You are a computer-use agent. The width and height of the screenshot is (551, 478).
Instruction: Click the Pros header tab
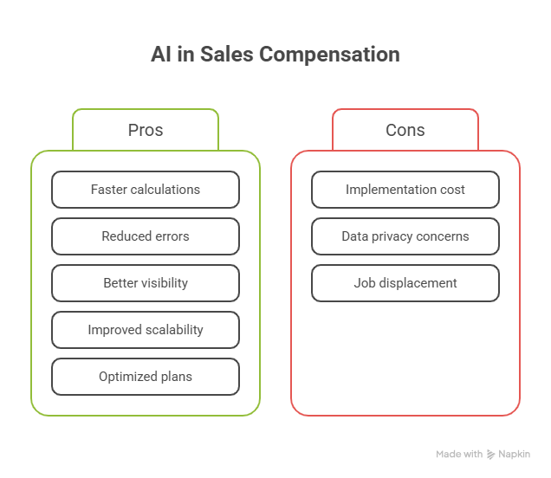point(146,130)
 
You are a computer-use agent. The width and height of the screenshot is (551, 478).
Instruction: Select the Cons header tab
point(405,130)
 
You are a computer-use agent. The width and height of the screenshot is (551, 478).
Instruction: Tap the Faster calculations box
point(146,190)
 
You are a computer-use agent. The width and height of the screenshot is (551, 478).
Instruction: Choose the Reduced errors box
point(146,236)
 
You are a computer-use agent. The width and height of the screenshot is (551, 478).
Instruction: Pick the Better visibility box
point(146,283)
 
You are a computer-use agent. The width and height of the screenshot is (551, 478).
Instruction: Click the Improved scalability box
point(146,330)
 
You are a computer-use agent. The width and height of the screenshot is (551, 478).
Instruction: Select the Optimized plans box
point(146,377)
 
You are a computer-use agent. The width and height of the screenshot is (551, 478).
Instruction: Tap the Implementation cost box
point(405,190)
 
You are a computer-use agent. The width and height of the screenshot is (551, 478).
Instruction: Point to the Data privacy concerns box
point(405,236)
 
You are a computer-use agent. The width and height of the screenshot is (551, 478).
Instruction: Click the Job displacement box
point(405,283)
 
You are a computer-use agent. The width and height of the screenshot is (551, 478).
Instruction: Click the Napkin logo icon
point(491,454)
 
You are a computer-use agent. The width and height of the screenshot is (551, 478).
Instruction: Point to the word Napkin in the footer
point(514,454)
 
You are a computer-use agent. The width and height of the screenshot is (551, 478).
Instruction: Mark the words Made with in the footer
point(459,454)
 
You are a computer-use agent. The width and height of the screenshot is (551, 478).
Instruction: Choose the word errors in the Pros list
point(171,236)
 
